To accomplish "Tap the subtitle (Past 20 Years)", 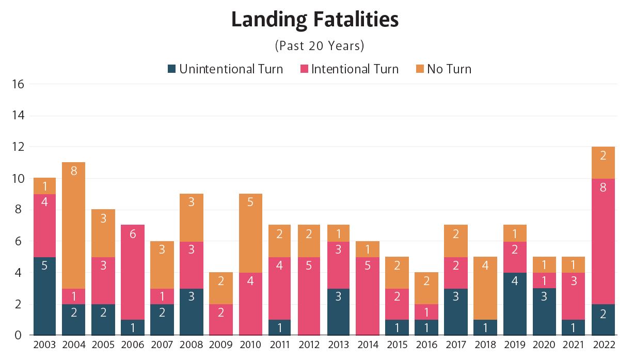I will click(320, 45).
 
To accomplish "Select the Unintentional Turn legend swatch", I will click(172, 69).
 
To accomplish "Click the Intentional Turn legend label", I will click(355, 69).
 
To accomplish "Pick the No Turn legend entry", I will click(449, 69).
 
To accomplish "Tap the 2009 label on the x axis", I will click(221, 345).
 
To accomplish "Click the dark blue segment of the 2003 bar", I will click(44, 296).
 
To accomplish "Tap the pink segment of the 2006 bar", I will click(133, 272).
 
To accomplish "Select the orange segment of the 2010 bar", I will click(250, 233).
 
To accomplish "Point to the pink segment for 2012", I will click(309, 296).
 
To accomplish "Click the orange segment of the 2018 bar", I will click(486, 288).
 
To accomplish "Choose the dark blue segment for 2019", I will click(515, 304).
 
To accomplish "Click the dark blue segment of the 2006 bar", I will click(133, 327).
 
